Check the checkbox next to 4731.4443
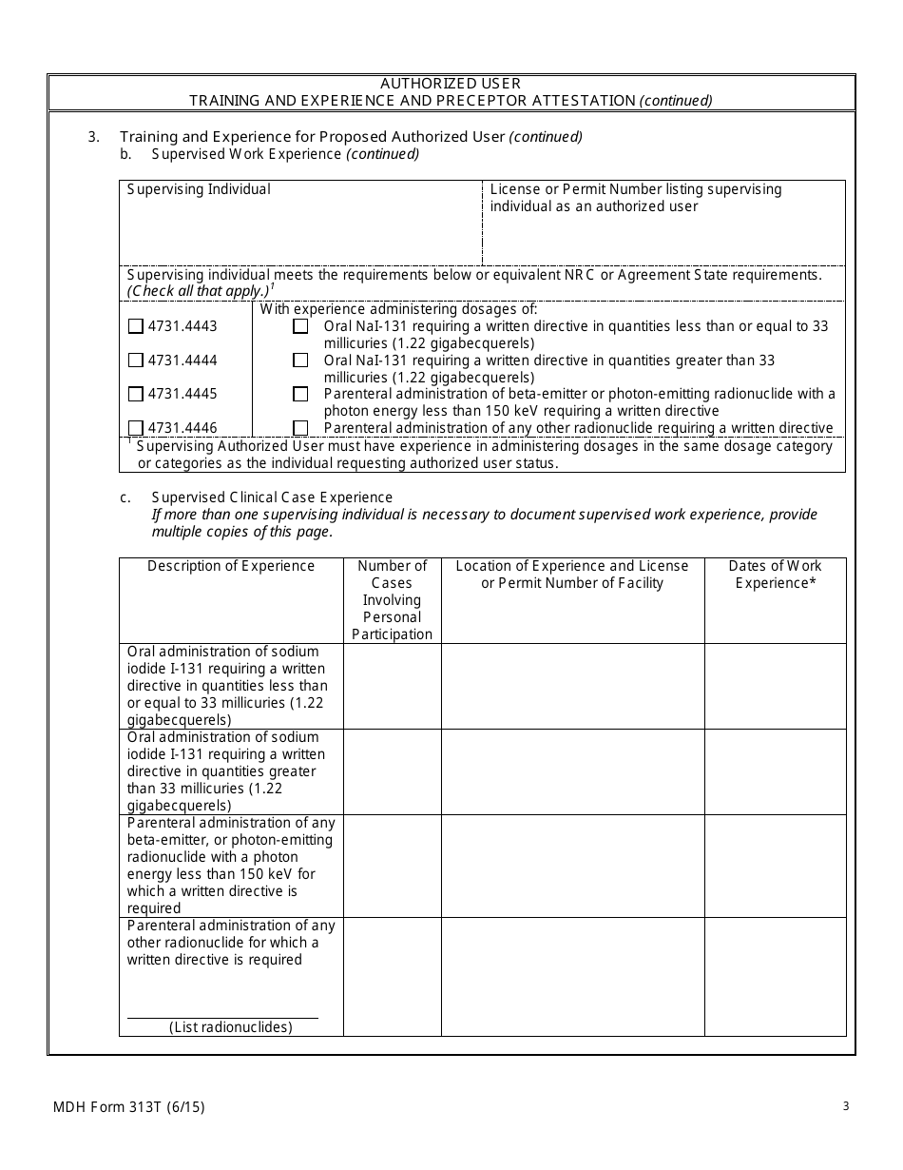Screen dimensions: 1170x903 135,326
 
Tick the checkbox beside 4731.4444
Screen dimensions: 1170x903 135,361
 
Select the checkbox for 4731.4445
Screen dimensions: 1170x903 135,394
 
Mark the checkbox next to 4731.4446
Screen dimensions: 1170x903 135,428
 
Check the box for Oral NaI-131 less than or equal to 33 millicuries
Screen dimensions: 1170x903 300,326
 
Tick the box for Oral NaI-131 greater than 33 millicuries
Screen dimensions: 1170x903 300,361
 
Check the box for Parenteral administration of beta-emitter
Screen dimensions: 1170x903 300,394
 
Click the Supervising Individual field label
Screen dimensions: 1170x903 199,189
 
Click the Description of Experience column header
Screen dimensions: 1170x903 231,566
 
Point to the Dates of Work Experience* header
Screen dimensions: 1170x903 775,575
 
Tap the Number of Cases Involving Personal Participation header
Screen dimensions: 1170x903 392,600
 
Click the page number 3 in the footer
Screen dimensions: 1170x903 845,1105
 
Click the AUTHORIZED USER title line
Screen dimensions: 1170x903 451,84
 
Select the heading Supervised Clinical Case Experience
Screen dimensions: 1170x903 272,497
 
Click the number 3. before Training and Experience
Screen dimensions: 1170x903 94,137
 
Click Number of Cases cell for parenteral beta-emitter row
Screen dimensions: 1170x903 392,866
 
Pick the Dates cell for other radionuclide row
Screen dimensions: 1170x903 775,976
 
